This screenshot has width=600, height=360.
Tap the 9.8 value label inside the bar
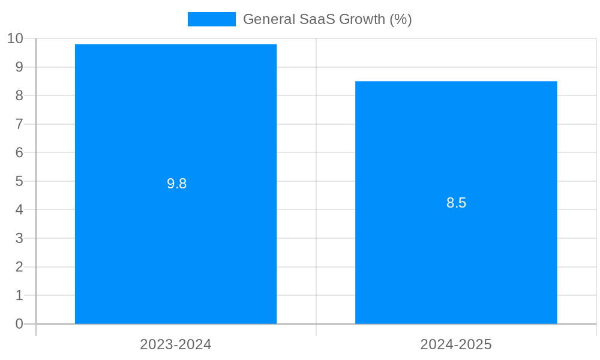177,184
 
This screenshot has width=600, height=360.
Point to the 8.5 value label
456,203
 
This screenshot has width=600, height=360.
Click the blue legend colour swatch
211,19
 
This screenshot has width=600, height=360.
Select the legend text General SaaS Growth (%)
327,19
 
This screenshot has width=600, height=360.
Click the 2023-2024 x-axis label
176,344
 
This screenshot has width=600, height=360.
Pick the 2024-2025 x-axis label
456,344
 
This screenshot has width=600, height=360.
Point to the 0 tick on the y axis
19,324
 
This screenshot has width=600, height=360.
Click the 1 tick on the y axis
19,295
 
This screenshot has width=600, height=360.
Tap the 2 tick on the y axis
19,267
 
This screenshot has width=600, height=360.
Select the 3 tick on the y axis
19,238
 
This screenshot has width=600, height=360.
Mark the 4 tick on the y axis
19,210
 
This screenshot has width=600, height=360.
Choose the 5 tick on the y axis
19,181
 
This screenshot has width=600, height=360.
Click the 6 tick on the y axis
19,152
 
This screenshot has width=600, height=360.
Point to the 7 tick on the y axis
19,124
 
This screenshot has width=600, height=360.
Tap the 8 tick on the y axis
19,95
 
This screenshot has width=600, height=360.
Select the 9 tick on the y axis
19,67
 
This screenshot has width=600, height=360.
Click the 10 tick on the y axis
15,38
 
